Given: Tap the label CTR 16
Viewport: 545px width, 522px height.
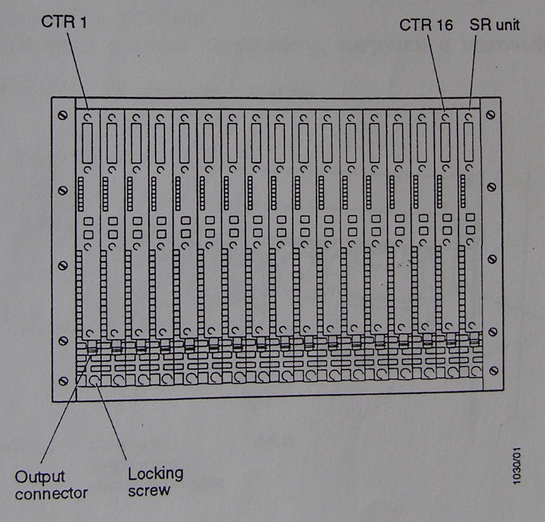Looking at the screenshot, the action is click(425, 25).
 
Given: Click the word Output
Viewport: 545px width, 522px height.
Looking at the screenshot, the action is click(40, 477).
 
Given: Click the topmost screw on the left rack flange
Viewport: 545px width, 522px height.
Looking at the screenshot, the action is click(63, 114).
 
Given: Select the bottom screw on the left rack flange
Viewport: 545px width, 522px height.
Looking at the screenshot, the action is click(63, 381).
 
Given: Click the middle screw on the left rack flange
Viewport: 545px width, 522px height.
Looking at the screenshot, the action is click(63, 266).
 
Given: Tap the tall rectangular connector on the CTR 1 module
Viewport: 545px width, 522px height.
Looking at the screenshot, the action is click(87, 143).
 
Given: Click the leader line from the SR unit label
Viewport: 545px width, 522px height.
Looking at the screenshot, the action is click(473, 69).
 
